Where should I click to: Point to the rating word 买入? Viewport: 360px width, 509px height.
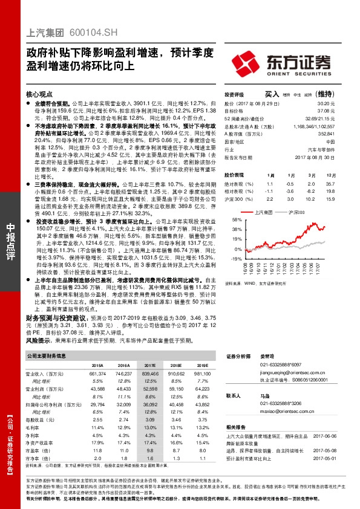272,94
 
